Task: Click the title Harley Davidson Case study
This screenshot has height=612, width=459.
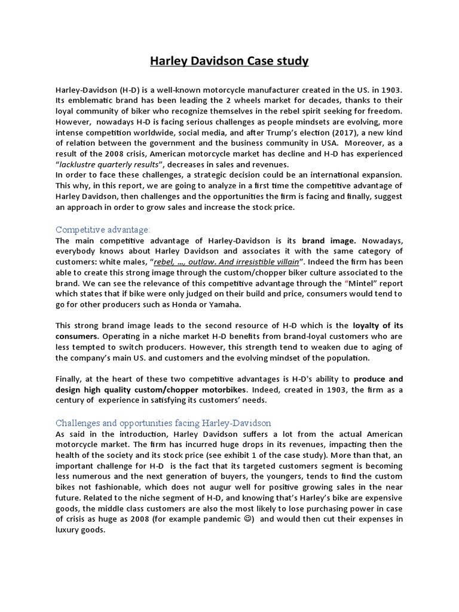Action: [229, 61]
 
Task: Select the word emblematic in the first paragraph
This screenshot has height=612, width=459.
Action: [84, 100]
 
